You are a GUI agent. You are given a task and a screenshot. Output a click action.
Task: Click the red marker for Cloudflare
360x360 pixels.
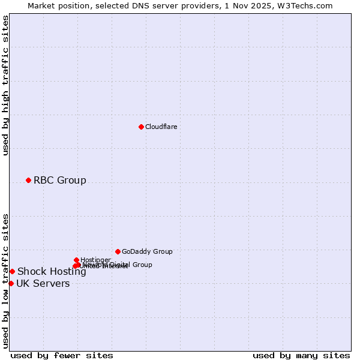tap(141, 127)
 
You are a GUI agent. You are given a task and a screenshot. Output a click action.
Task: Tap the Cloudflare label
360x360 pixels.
tap(161, 127)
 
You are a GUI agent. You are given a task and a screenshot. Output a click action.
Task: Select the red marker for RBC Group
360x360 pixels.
tap(28, 180)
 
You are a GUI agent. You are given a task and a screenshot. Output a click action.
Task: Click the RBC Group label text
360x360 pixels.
tap(59, 180)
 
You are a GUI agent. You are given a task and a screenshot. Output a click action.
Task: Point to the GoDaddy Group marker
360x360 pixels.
tap(118, 251)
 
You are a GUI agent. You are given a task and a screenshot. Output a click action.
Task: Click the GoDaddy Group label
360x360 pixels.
tap(147, 251)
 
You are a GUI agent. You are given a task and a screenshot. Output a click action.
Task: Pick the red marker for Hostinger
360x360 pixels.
tap(76, 260)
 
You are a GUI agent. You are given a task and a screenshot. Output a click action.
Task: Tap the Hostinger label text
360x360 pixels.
tap(95, 260)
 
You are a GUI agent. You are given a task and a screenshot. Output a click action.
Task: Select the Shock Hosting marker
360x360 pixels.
tap(12, 271)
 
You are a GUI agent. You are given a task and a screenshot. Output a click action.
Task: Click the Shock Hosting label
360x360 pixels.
tap(52, 271)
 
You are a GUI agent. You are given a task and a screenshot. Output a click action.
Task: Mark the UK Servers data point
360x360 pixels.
tap(11, 283)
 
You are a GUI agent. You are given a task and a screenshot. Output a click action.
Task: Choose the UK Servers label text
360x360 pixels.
tap(43, 283)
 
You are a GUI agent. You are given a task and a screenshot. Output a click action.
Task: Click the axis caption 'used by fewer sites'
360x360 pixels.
tap(62, 355)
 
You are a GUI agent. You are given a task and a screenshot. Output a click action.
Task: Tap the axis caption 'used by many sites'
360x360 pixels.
tap(301, 355)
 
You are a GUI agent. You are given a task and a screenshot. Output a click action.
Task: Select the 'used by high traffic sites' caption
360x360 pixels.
tap(5, 85)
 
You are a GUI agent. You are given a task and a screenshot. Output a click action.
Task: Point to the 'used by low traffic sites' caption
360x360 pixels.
tap(5, 281)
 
